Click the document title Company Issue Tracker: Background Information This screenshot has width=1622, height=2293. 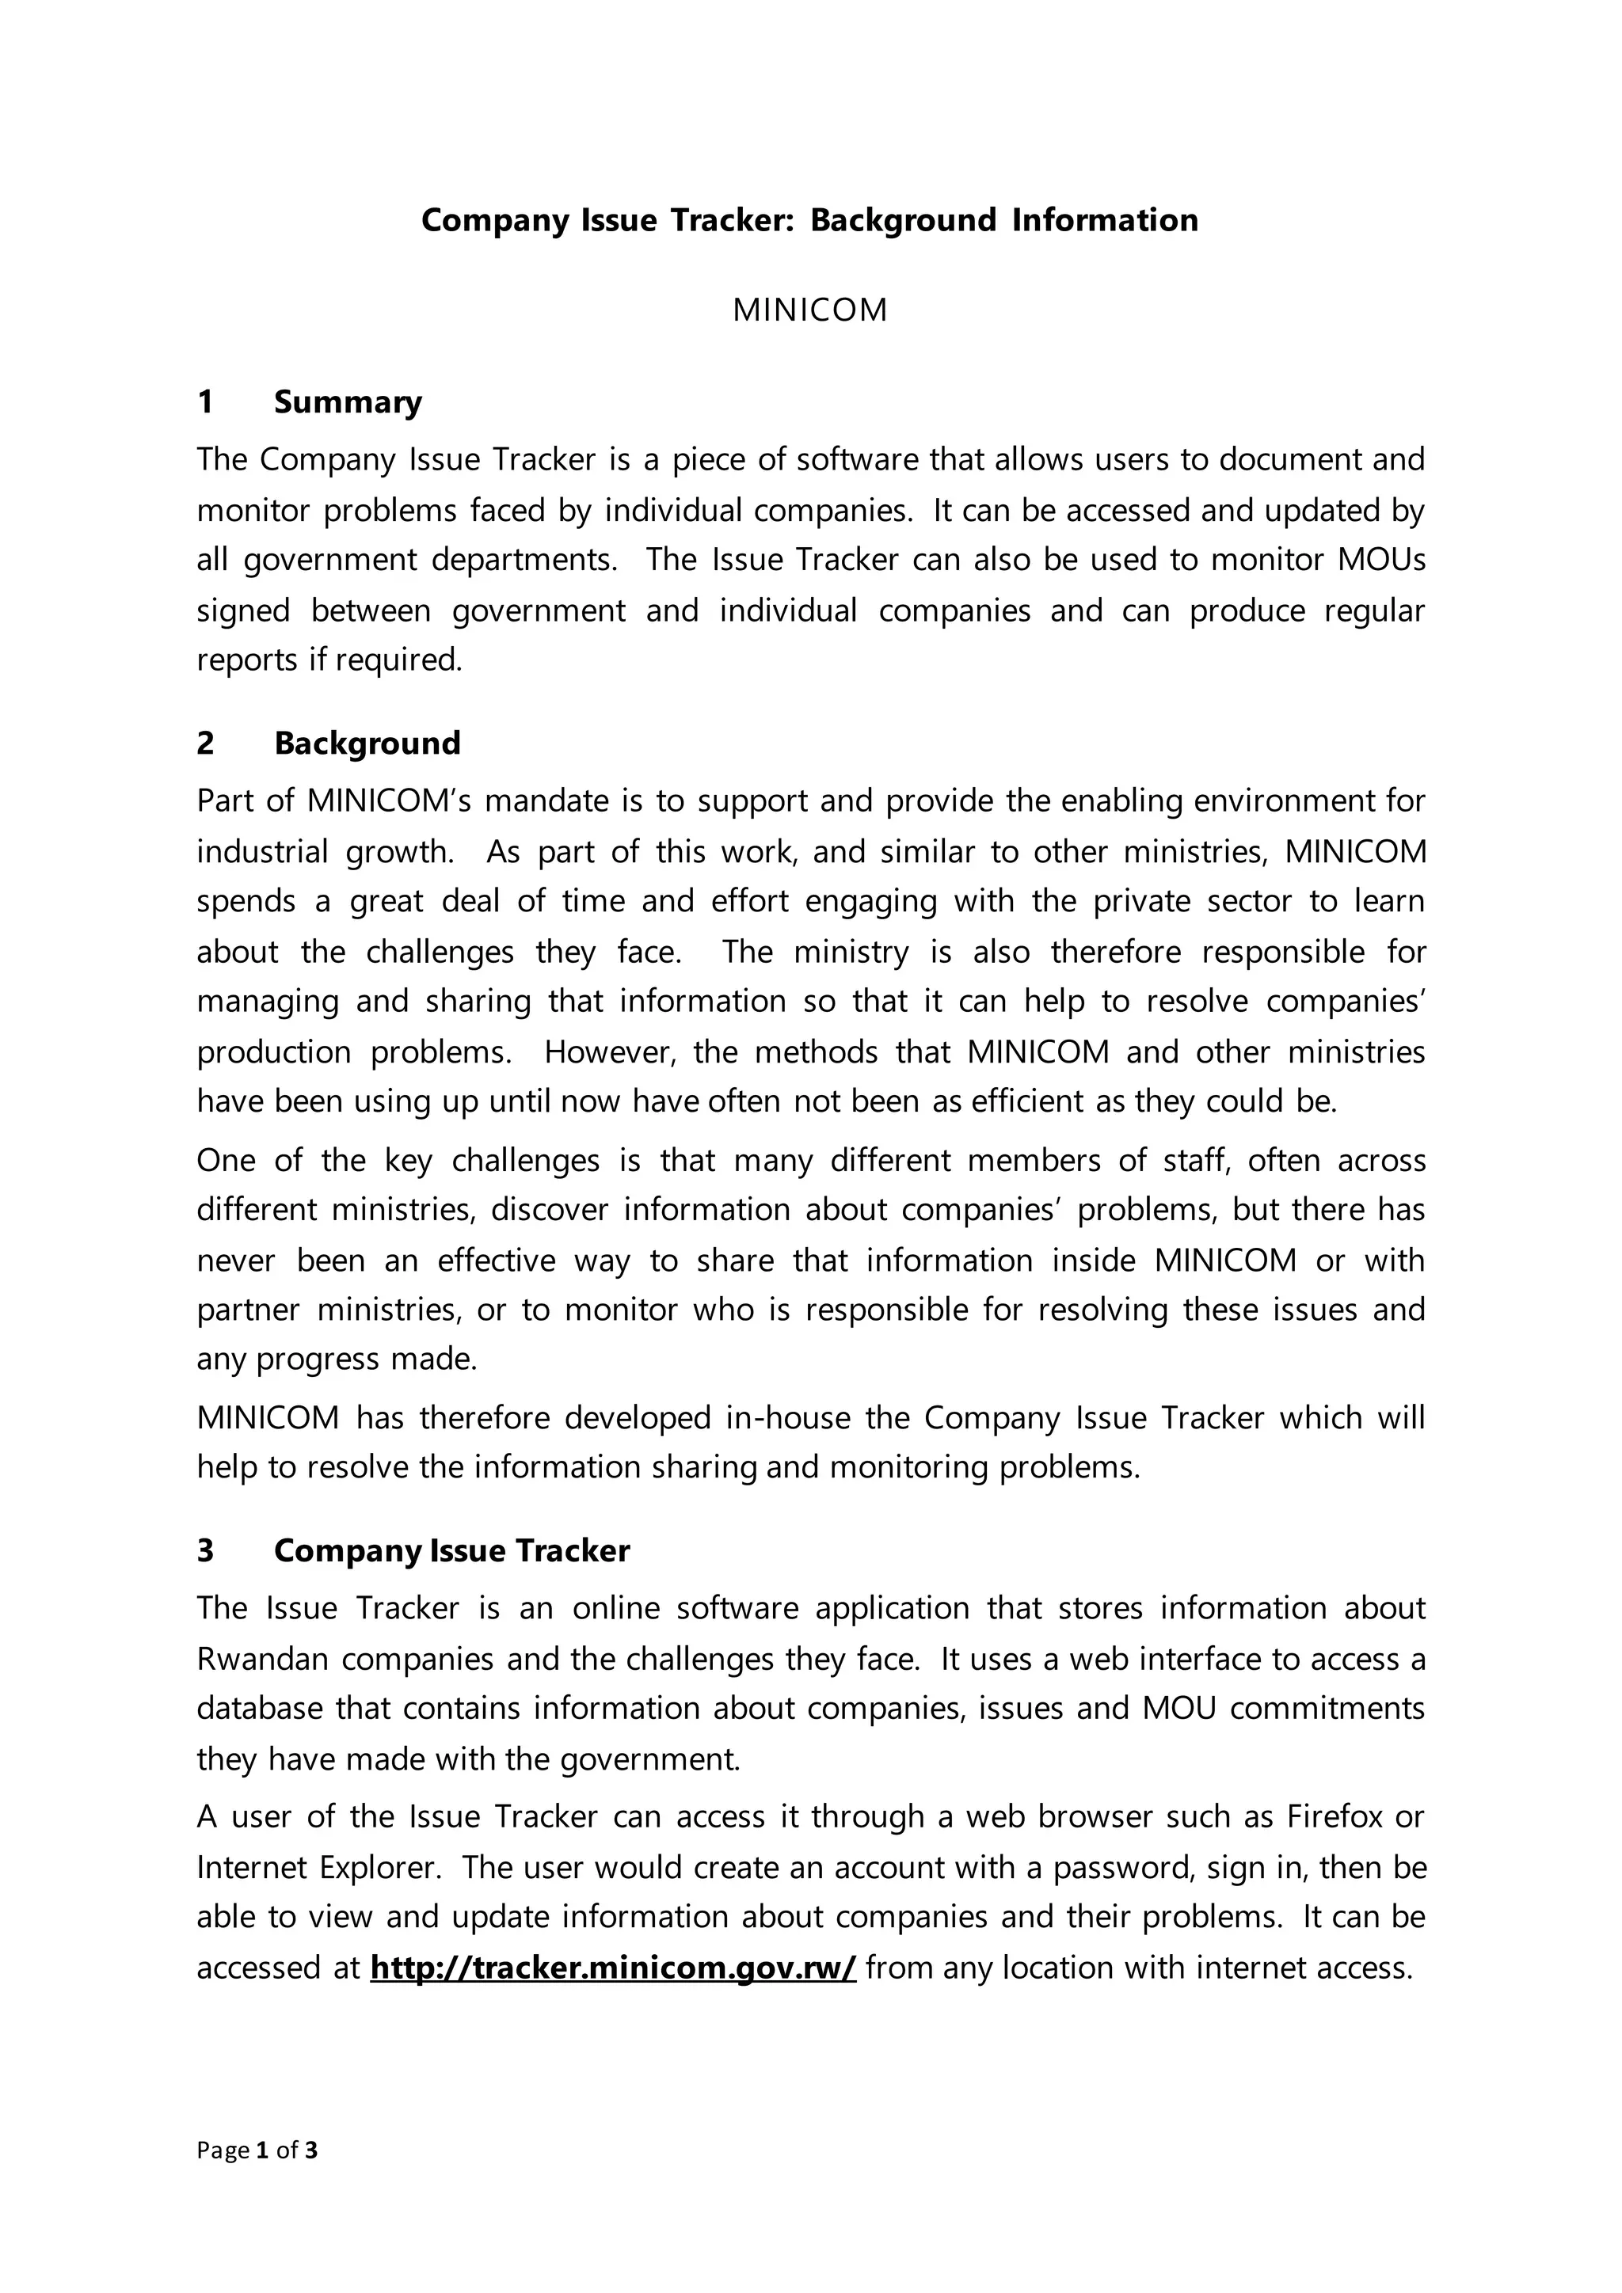pyautogui.click(x=809, y=219)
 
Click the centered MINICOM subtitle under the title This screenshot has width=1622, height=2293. pyautogui.click(x=809, y=310)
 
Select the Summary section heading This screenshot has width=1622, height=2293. pyautogui.click(x=348, y=401)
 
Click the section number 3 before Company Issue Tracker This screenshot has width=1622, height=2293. pyautogui.click(x=205, y=1550)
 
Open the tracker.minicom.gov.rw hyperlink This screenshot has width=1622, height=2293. pyautogui.click(x=612, y=1968)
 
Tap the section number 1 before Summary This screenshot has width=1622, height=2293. pyautogui.click(x=205, y=401)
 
